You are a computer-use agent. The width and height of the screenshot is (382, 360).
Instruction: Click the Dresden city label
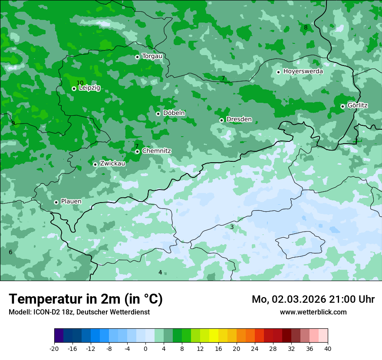[x=239, y=119]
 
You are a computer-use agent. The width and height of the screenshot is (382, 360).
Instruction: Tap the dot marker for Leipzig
[x=74, y=88]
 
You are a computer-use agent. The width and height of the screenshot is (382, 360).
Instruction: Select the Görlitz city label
[x=357, y=105]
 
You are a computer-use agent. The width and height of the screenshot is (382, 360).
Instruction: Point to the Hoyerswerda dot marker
[x=279, y=72]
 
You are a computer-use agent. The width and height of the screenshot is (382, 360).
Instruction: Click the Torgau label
[x=152, y=56]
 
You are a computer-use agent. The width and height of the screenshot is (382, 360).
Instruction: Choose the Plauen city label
[x=71, y=202]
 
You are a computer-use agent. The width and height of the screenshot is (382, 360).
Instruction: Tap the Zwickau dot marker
[x=95, y=164]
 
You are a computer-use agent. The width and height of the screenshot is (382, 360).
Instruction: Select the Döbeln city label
[x=174, y=113]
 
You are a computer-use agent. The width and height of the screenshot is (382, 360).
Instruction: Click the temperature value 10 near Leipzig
[x=80, y=83]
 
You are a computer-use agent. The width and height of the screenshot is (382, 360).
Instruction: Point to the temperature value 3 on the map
[x=232, y=227]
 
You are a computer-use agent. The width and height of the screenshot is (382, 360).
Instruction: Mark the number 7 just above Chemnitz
[x=137, y=146]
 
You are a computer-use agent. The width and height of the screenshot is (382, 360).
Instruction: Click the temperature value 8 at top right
[x=306, y=27]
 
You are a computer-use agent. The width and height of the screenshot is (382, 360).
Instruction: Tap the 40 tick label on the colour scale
[x=327, y=348]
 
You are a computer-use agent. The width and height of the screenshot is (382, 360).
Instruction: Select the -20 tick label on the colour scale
[x=54, y=348]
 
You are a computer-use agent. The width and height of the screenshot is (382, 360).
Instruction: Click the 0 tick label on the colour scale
[x=145, y=348]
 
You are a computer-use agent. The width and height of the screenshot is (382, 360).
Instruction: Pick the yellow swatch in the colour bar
[x=214, y=336]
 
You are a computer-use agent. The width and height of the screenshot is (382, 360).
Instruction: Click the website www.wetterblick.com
[x=313, y=312]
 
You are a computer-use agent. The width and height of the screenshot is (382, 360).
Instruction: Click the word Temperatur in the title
[x=46, y=299]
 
